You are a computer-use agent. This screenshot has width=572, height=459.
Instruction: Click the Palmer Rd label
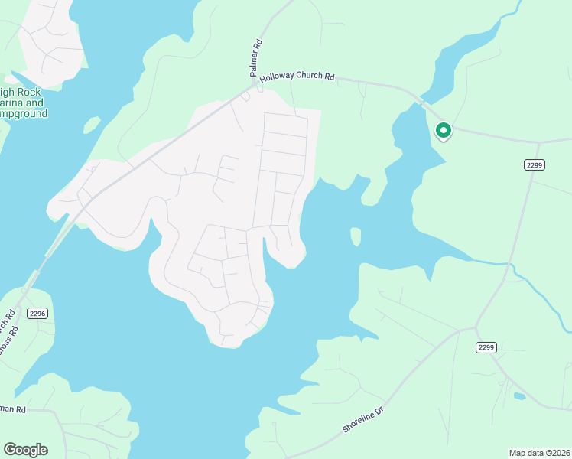pyautogui.click(x=257, y=58)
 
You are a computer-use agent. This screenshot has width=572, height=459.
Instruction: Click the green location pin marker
pyautogui.click(x=443, y=131)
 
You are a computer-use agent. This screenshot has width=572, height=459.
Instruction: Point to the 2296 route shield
pyautogui.click(x=37, y=313)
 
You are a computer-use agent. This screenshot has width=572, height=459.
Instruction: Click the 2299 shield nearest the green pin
pyautogui.click(x=535, y=164)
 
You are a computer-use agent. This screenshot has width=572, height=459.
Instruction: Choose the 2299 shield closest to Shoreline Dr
pyautogui.click(x=486, y=347)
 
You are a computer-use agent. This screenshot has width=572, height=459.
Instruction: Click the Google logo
pyautogui.click(x=25, y=450)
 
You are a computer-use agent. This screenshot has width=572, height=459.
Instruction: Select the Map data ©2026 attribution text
pyautogui.click(x=540, y=452)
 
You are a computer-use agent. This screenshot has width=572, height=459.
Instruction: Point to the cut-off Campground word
pyautogui.click(x=24, y=113)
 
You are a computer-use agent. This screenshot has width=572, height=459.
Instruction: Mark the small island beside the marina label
pyautogui.click(x=92, y=124)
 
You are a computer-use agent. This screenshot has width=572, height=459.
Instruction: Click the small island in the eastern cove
pyautogui.click(x=356, y=236)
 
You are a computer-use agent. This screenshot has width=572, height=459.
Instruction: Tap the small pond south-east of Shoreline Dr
pyautogui.click(x=520, y=396)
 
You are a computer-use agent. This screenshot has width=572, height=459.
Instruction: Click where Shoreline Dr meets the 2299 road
pyautogui.click(x=475, y=328)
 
